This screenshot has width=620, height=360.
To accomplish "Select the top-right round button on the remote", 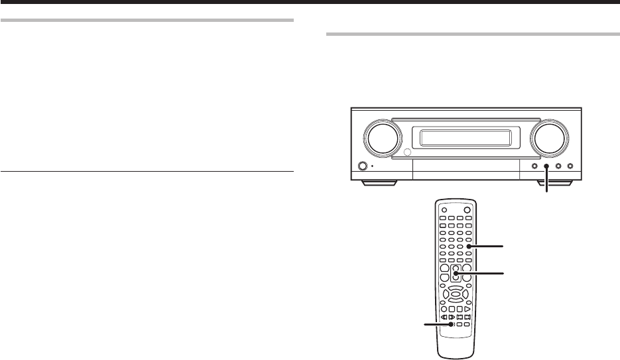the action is pos(467,210).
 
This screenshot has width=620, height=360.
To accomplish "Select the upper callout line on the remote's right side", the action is pos(487,247).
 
